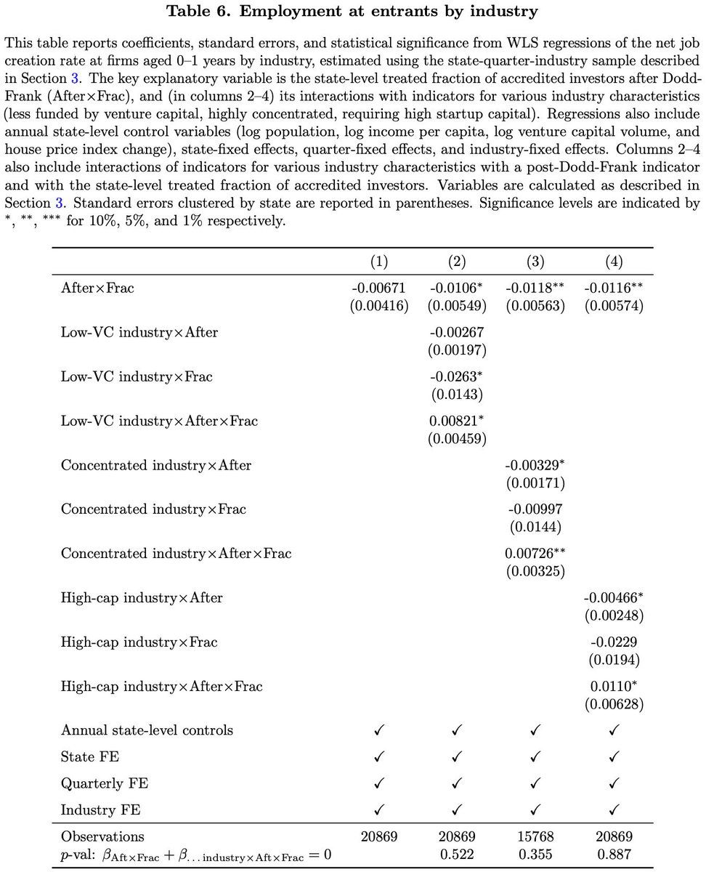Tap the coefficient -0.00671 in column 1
point(379,288)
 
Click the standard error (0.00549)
point(457,306)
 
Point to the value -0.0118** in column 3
point(535,288)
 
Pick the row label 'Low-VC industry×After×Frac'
point(159,421)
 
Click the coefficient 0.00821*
point(457,421)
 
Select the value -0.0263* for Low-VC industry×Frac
point(457,376)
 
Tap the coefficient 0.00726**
point(535,554)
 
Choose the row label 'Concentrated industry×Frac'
point(153,509)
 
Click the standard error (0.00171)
point(536,483)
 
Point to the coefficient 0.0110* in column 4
point(614,686)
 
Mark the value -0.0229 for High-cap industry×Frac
point(614,642)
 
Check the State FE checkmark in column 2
point(457,757)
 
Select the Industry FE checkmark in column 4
point(614,810)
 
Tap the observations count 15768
point(535,836)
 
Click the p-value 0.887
point(614,855)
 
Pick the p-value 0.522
point(457,855)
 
